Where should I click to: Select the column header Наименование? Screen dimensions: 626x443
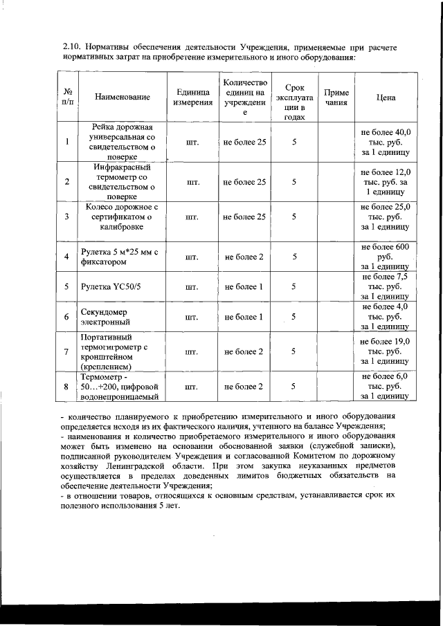pos(123,98)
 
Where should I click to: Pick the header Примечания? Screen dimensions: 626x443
pos(336,98)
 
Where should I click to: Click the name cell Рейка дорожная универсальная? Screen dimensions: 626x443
pos(123,142)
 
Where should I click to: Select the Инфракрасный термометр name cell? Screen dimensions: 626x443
pos(123,181)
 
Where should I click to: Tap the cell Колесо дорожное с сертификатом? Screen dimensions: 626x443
pos(123,217)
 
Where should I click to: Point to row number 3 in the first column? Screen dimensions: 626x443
pos(66,217)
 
